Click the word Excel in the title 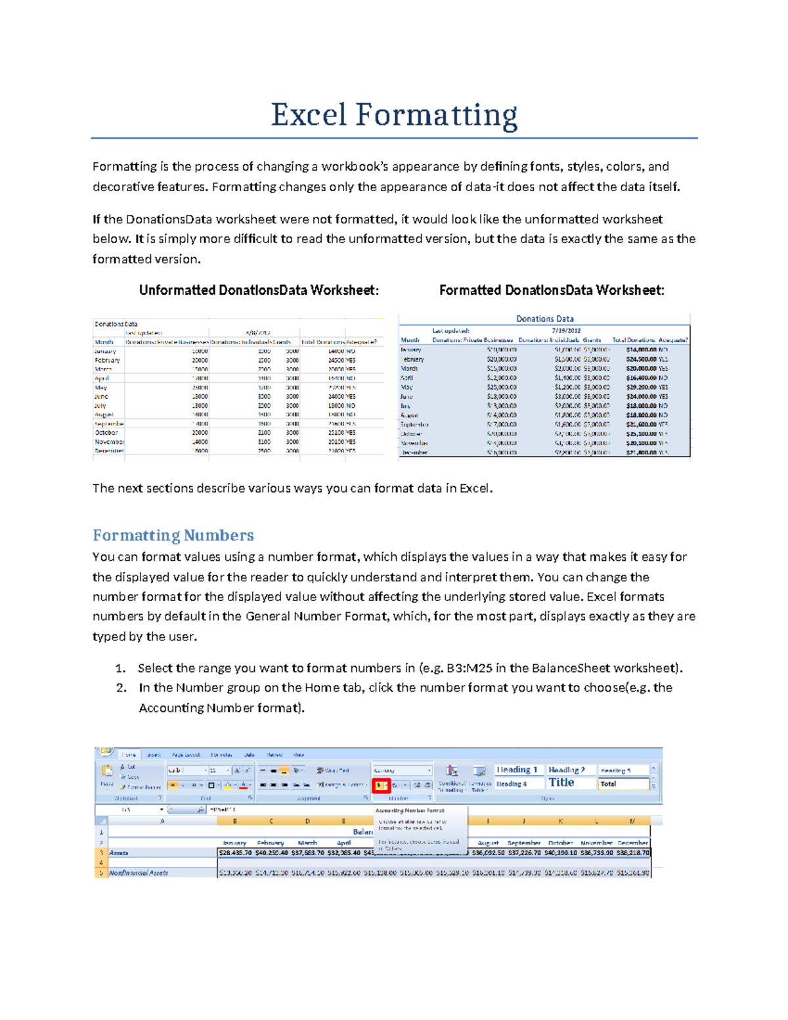point(309,115)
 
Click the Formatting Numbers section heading point(173,535)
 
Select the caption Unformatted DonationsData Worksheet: point(259,290)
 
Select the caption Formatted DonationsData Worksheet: point(552,290)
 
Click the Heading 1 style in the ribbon point(517,770)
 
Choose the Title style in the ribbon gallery point(562,783)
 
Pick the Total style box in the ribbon point(623,784)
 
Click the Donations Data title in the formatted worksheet point(544,319)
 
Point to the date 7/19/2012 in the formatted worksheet point(566,330)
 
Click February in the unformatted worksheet point(107,360)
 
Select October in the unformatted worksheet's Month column point(106,433)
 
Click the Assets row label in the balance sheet point(119,853)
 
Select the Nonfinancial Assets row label point(139,873)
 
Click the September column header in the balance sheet point(524,843)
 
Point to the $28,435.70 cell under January point(234,853)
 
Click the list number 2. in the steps point(121,688)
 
